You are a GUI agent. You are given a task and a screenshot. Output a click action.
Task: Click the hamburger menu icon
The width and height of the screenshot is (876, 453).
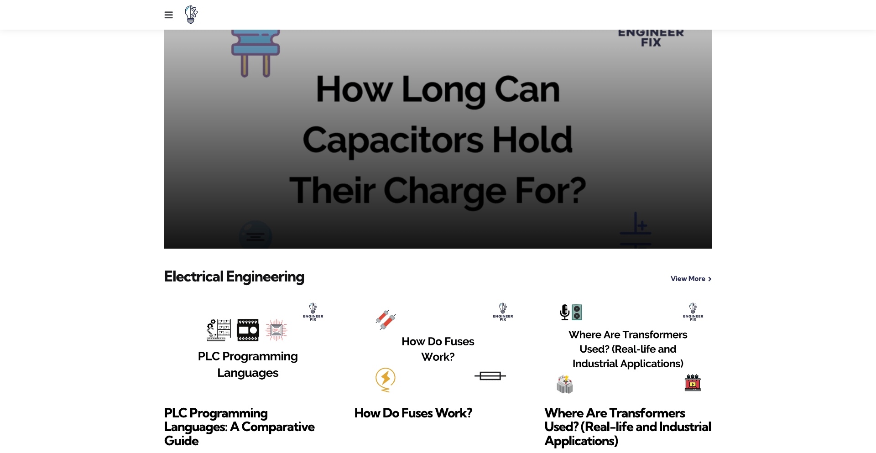pos(168,15)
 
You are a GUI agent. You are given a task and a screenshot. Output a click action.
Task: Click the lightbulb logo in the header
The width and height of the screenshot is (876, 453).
pos(191,15)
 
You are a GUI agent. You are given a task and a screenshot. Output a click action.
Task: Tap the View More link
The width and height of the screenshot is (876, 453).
pos(691,279)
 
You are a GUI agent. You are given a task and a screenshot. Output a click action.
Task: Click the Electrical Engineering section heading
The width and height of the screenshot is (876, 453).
pos(234,276)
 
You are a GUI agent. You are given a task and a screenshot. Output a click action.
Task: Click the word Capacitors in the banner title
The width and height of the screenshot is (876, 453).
pos(393,140)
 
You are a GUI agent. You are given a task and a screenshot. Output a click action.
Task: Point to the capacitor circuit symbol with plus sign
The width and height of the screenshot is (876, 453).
pos(636,229)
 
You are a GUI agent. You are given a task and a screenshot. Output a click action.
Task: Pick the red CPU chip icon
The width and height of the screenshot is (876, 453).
pos(276,330)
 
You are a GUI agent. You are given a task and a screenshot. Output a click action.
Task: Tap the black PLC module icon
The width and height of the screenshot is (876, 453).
pos(248,330)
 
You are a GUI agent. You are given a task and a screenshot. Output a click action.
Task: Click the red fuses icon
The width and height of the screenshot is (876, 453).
pos(386,320)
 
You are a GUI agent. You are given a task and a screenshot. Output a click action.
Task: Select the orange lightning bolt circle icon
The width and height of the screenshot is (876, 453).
pos(386,380)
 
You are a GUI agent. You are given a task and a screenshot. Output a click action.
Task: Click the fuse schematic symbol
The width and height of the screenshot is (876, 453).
pos(490,376)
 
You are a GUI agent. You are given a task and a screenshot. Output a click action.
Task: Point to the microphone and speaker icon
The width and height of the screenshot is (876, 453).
pos(571,312)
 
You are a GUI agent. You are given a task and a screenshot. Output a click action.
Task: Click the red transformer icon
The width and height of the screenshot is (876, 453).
pos(693,383)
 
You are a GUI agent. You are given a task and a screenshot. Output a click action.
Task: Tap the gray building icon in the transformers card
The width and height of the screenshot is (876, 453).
pos(565,384)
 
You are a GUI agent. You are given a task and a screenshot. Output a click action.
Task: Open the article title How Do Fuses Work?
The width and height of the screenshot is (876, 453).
pos(413,413)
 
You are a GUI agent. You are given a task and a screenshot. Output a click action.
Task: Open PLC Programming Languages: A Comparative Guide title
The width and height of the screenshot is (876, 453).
pos(240,427)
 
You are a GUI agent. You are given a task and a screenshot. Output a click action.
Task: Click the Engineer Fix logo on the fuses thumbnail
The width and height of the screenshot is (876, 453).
pos(503,312)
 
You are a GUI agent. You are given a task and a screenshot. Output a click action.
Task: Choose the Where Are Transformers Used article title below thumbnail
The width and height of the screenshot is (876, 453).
pos(628,427)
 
